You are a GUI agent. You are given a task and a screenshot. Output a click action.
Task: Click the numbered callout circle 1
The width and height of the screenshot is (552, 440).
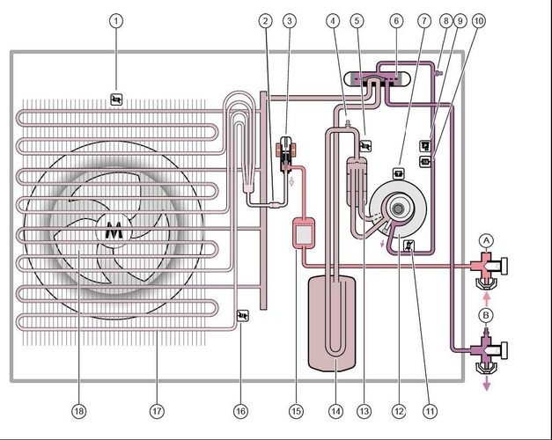point(115,19)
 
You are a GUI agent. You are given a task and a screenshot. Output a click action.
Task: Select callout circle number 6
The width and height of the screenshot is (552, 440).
point(396,19)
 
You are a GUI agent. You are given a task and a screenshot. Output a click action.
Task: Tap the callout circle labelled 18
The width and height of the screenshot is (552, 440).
point(79,410)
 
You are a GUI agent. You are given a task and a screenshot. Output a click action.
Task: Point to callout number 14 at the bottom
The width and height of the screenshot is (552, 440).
point(335,410)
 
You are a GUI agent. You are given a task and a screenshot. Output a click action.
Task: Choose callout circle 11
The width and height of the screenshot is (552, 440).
point(430,410)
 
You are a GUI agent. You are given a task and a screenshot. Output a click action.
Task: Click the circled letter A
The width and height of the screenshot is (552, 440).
point(485,240)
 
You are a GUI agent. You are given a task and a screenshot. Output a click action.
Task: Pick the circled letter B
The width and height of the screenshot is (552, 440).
point(485,314)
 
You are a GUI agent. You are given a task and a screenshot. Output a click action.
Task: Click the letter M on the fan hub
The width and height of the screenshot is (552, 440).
point(114,231)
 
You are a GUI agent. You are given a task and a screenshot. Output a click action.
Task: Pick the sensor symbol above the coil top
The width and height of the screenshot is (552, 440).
point(116,99)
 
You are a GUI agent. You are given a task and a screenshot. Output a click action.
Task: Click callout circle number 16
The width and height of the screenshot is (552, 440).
point(240,410)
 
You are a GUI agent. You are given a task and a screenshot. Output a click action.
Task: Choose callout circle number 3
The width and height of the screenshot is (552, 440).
point(290,19)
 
